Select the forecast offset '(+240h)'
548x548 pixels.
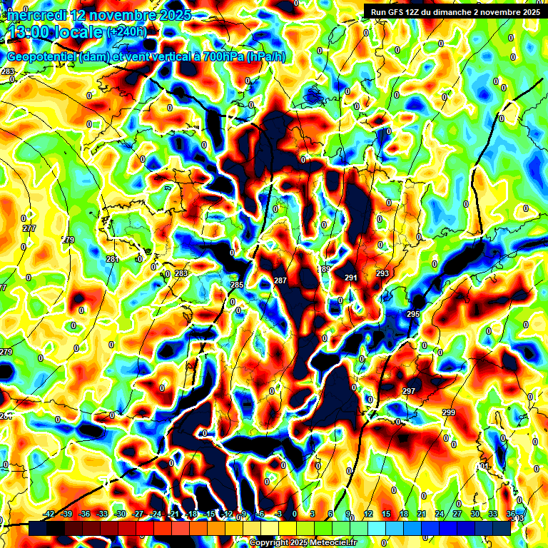[127, 31]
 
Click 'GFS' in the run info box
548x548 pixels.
[398, 12]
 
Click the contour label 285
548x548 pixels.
[237, 285]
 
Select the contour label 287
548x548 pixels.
[280, 281]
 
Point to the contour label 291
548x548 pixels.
[351, 278]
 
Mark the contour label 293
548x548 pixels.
[382, 273]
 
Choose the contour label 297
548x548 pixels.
[408, 391]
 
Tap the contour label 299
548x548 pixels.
[448, 413]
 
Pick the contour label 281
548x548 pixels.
[111, 259]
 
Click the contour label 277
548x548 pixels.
[29, 228]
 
